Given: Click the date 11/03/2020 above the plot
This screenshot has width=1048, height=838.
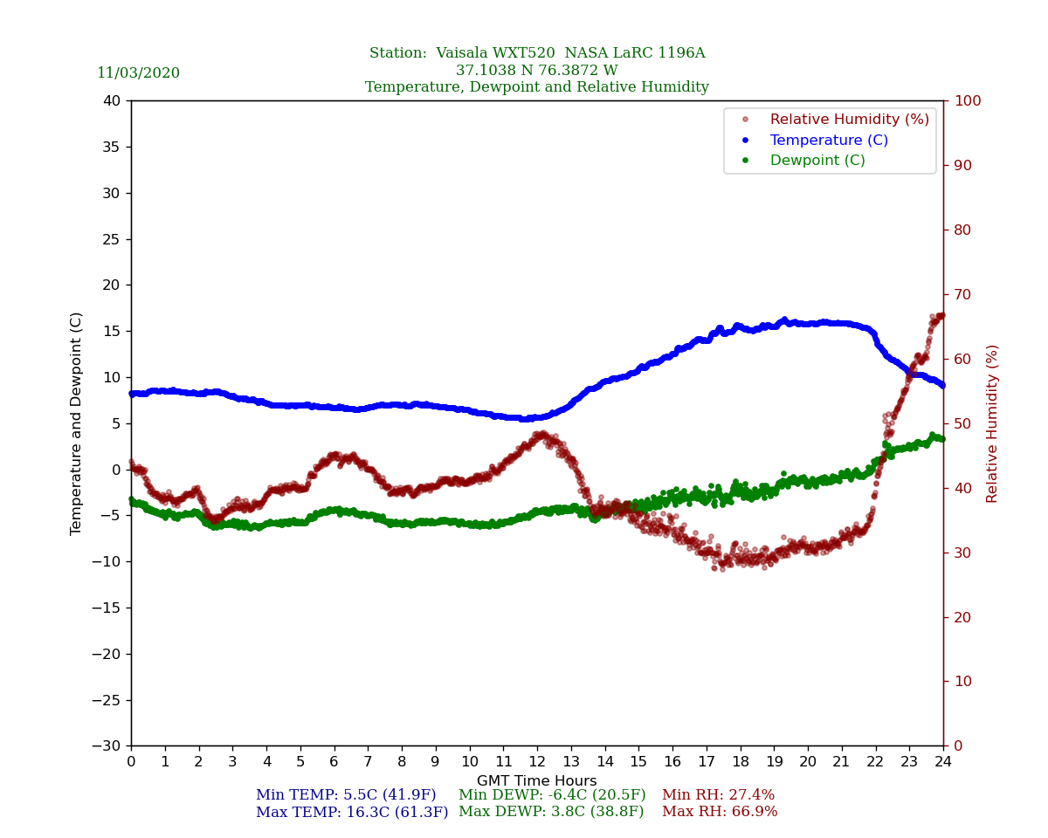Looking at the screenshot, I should (138, 73).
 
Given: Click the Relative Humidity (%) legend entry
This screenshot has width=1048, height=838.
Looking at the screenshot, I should (849, 120).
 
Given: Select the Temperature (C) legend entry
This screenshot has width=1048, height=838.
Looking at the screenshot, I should (828, 141).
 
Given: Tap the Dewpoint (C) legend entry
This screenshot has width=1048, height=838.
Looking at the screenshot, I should (817, 161).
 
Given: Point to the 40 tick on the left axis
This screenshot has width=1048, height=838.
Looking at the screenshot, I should (113, 101).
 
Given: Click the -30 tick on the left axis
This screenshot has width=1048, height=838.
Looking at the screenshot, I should (107, 746).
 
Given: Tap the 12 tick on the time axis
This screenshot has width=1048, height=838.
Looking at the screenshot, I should (537, 762).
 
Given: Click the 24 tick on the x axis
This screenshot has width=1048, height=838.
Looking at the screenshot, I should (943, 762).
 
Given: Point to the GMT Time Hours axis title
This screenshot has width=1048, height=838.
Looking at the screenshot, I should (537, 781).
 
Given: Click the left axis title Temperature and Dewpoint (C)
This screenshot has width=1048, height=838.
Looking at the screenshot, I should (77, 423).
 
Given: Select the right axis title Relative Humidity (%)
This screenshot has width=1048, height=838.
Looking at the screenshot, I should (992, 423).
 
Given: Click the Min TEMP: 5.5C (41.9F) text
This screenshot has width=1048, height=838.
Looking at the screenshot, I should (346, 795).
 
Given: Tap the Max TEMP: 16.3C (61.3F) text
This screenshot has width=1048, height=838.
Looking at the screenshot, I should (352, 812).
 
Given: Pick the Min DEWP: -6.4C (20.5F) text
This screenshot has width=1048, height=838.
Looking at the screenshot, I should (552, 795).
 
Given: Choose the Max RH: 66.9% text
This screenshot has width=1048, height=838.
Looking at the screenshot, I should (720, 812).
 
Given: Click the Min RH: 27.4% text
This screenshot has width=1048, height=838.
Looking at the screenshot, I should (718, 795).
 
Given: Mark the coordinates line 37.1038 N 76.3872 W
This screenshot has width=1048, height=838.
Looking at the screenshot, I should (537, 71).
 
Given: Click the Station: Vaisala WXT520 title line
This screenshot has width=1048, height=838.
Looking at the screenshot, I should (537, 53).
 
